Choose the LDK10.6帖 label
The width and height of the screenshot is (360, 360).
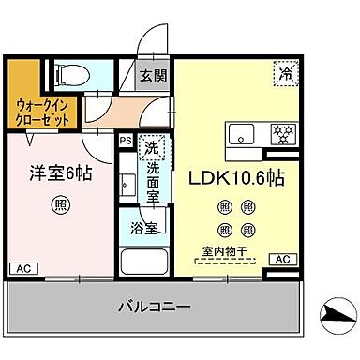tap(239, 177)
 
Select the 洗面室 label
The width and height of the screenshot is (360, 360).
tap(154, 181)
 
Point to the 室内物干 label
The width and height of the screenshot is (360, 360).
tap(224, 250)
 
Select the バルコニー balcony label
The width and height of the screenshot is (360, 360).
tap(155, 306)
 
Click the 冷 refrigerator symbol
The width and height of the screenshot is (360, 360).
tap(282, 69)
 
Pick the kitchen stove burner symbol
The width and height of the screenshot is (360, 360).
tap(279, 133)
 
